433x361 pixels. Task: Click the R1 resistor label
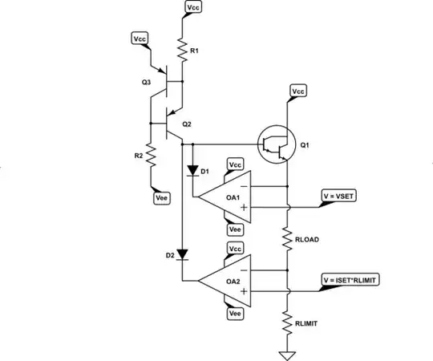click(x=192, y=51)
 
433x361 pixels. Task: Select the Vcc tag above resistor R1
click(x=193, y=8)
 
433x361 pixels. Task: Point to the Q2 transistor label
click(x=186, y=124)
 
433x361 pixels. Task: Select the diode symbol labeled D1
click(x=192, y=171)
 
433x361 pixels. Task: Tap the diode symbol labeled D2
click(x=182, y=255)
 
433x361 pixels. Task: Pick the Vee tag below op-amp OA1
click(x=236, y=229)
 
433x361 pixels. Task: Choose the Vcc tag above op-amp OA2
click(x=236, y=249)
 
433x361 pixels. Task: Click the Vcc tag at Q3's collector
click(x=138, y=39)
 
